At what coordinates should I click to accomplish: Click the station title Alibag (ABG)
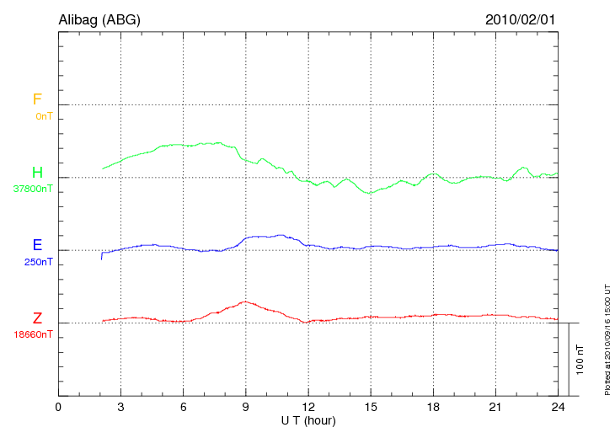(x=99, y=19)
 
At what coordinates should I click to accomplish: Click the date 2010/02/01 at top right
(x=521, y=19)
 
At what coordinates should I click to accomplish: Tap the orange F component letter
(x=37, y=99)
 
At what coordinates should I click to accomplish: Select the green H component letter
(x=37, y=173)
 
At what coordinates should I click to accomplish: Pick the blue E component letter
(x=37, y=245)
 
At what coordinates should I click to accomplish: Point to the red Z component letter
(x=37, y=318)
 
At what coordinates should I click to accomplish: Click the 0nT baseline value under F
(x=43, y=115)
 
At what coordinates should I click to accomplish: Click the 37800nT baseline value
(x=33, y=189)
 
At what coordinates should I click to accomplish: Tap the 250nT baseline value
(x=39, y=261)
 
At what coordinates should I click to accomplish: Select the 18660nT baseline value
(x=33, y=334)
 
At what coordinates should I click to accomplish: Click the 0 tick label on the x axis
(x=58, y=407)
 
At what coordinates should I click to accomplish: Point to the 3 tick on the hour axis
(x=120, y=407)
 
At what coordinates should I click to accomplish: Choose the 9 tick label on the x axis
(x=245, y=407)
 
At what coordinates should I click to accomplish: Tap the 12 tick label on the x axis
(x=307, y=407)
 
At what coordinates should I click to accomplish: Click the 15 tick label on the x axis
(x=370, y=407)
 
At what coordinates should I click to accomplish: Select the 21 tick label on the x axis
(x=495, y=407)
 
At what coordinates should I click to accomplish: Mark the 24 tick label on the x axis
(x=557, y=407)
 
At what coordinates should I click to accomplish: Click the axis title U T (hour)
(x=307, y=419)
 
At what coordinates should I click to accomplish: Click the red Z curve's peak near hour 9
(x=244, y=302)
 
